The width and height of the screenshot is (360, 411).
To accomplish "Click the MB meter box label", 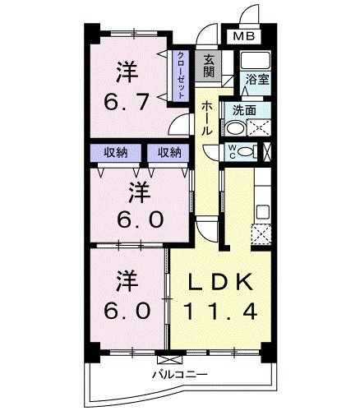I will (x=243, y=35).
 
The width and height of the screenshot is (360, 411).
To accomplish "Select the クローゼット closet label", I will (x=181, y=75).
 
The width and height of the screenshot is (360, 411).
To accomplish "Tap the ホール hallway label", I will (x=206, y=119).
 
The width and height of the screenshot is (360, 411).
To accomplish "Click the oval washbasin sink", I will (x=236, y=127).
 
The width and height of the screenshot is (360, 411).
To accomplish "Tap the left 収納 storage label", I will (x=115, y=153).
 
